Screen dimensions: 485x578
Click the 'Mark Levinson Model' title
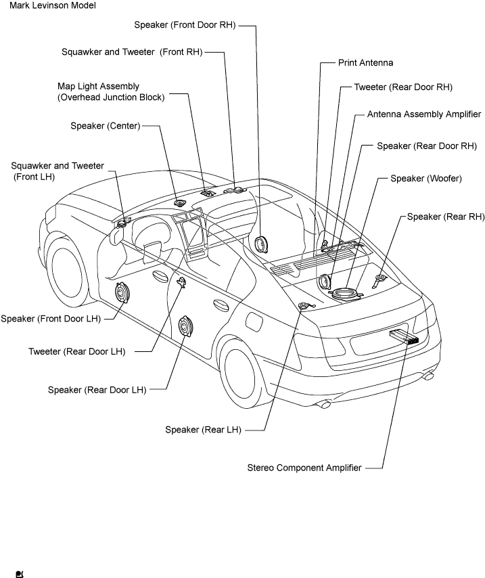[53, 5]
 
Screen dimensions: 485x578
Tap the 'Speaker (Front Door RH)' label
[185, 25]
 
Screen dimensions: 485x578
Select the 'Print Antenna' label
[365, 63]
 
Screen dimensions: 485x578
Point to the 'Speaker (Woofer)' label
[426, 179]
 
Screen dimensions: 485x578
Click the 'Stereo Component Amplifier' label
[304, 468]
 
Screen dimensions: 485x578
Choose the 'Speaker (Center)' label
[106, 126]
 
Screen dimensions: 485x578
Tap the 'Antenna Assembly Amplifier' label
[424, 114]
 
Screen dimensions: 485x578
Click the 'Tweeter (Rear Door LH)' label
[77, 352]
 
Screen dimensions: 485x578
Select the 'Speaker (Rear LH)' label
[203, 430]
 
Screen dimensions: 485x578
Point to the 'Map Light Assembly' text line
[98, 86]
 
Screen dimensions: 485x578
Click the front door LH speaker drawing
[122, 293]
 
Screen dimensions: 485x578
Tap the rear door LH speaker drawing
[185, 327]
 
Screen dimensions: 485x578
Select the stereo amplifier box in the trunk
[404, 336]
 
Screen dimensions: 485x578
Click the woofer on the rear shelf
[346, 294]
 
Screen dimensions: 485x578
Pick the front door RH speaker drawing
[261, 245]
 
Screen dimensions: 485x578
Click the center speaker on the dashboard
[180, 203]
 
